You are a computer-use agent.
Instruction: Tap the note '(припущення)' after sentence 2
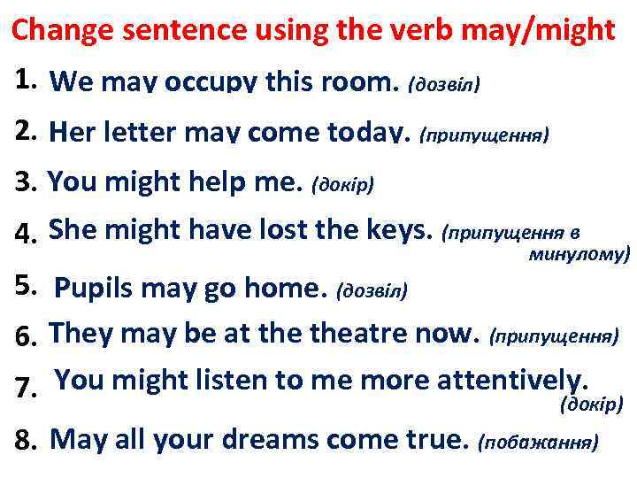pos(485,135)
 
